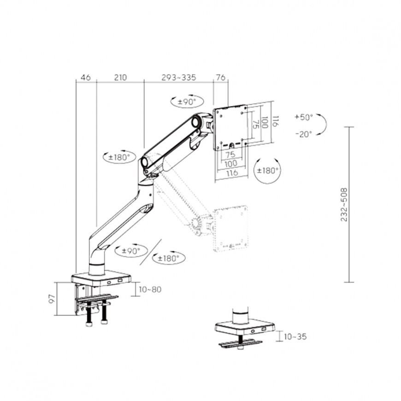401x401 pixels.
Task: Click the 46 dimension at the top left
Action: pos(86,77)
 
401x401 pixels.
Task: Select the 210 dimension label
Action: pos(120,77)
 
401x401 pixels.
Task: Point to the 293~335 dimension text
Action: pos(178,77)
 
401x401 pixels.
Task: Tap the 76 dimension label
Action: pos(220,77)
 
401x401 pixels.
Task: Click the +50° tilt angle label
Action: pos(304,118)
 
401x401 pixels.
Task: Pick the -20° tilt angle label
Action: pos(304,134)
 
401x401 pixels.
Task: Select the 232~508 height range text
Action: pos(344,205)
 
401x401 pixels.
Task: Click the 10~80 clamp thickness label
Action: pos(150,289)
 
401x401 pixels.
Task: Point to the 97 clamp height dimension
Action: pos(52,299)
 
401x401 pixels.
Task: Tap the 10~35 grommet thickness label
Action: pos(295,336)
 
